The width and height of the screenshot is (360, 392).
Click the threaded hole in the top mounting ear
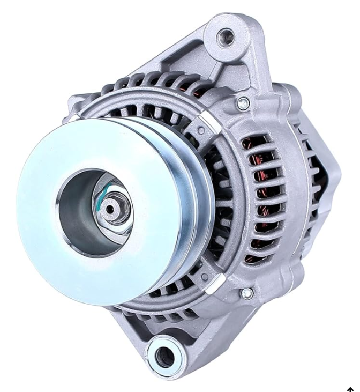pos(224,37)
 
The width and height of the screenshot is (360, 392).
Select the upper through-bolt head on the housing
pos(244,103)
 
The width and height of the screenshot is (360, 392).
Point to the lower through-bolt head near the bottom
pos(247,293)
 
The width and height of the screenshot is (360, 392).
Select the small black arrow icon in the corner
pos(350,389)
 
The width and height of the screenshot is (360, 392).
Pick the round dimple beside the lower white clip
pos(204,277)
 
